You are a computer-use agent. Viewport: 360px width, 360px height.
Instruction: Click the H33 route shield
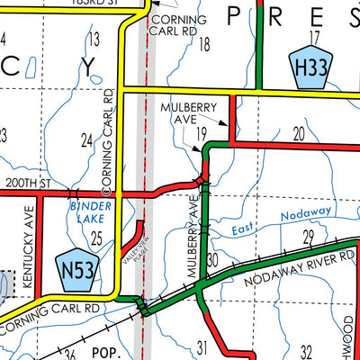tap(306, 67)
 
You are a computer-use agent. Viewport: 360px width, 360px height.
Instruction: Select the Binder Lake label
tap(88, 211)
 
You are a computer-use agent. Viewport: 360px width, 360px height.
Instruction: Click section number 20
tap(299, 134)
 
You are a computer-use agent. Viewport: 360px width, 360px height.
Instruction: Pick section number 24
tap(86, 139)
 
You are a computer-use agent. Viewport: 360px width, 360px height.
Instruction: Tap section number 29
tap(308, 237)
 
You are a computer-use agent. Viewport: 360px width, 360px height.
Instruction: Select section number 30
tap(213, 260)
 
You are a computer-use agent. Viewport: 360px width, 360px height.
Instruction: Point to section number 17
tap(313, 37)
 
